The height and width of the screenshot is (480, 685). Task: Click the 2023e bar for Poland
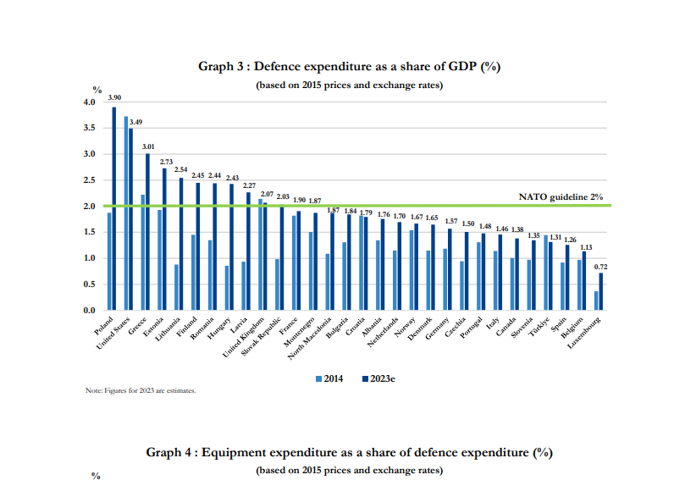tap(114, 208)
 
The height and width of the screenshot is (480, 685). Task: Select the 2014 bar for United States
tap(126, 213)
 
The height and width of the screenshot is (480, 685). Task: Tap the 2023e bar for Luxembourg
tap(601, 291)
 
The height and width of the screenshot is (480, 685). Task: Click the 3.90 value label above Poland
tap(113, 98)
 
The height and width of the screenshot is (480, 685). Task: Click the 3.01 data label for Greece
tap(147, 146)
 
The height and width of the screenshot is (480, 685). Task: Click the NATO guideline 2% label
tap(560, 196)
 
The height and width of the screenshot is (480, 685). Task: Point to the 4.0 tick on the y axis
tap(90, 102)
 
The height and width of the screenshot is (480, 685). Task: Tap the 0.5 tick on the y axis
tap(90, 284)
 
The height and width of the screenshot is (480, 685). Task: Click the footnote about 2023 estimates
tap(141, 390)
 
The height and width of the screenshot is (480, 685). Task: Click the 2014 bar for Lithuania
tap(176, 288)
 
